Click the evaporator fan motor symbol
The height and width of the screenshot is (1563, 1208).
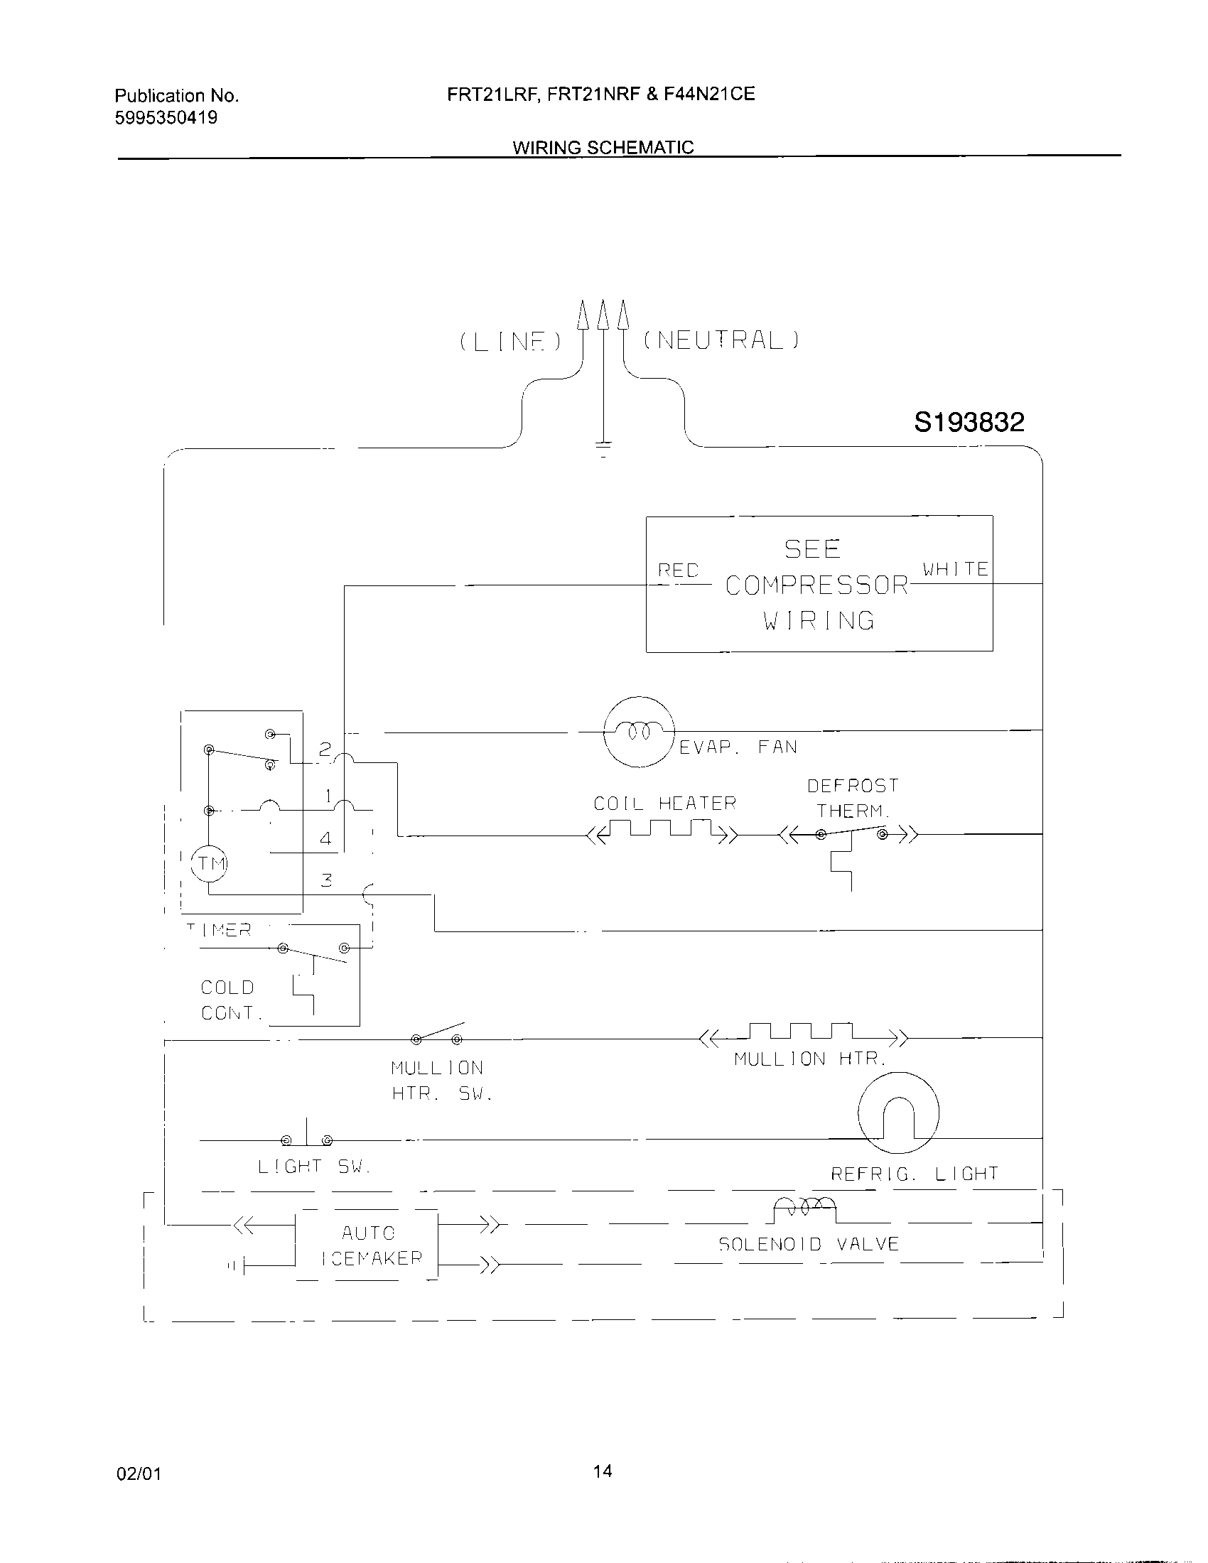click(x=639, y=731)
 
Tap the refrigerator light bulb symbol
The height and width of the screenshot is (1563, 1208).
click(x=898, y=1113)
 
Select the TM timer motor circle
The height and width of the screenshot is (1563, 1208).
click(x=209, y=863)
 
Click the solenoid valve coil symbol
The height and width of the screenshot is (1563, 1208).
click(x=805, y=1209)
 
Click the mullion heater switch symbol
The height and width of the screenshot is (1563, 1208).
click(x=436, y=1036)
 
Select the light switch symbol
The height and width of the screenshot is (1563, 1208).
click(x=307, y=1139)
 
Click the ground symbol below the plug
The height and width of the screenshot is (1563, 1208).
click(x=603, y=448)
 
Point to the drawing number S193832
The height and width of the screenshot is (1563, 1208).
click(x=969, y=422)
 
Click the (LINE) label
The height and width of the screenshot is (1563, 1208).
click(x=511, y=341)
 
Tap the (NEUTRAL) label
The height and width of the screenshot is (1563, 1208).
click(x=721, y=339)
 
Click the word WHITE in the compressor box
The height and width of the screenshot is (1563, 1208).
click(x=954, y=569)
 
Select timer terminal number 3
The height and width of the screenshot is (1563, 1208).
click(x=326, y=880)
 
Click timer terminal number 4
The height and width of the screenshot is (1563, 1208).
click(x=325, y=838)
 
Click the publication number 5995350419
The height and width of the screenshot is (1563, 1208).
click(x=166, y=118)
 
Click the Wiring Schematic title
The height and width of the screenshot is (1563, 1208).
click(x=603, y=148)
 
